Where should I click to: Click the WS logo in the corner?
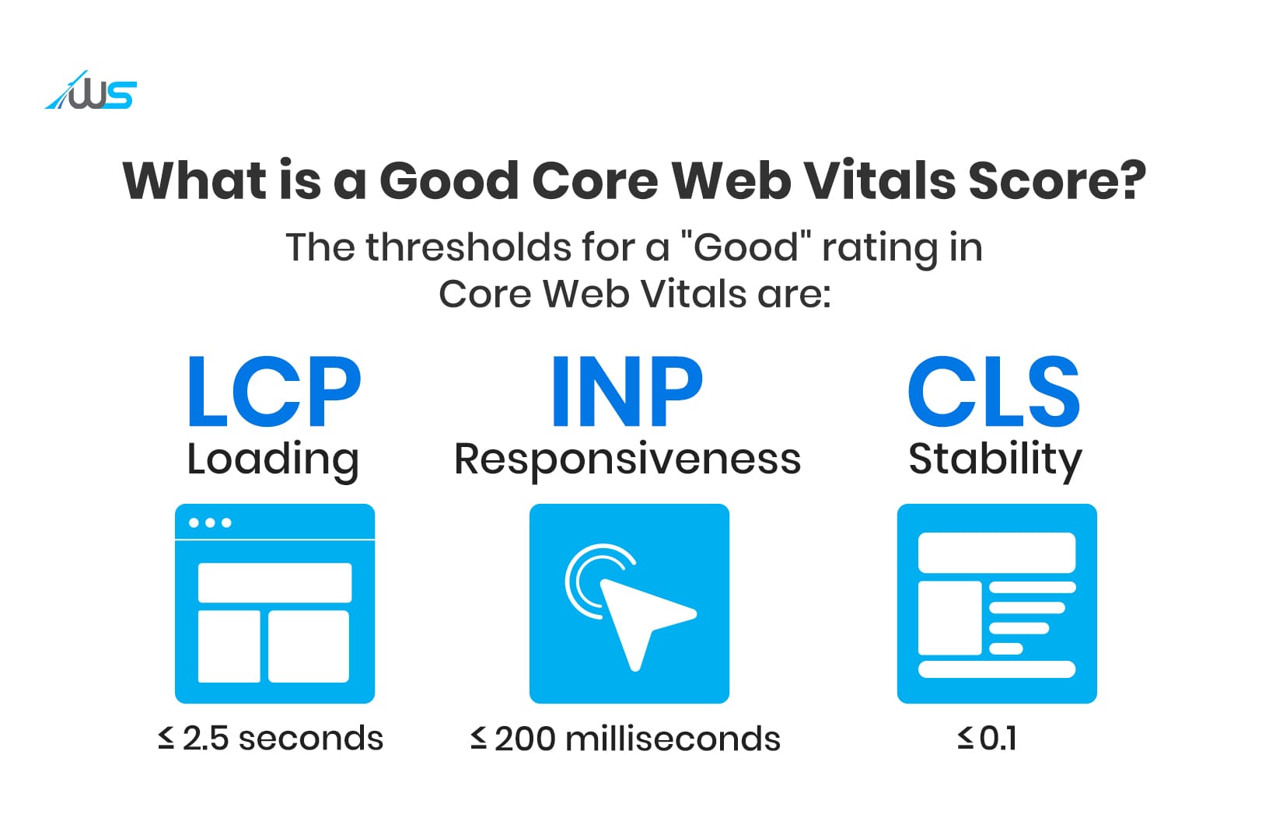tap(92, 92)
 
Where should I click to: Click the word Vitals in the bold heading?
tap(878, 181)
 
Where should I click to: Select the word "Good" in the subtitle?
tap(746, 248)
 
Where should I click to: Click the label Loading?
tap(273, 459)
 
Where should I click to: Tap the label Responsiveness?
tap(627, 459)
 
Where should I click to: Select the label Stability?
tap(995, 459)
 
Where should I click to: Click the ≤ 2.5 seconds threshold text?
tap(271, 739)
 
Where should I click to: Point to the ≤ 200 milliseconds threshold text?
tap(625, 739)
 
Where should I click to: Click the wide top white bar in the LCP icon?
tap(274, 582)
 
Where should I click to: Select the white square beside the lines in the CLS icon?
tap(949, 618)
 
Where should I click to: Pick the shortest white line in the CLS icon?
tap(1005, 648)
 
